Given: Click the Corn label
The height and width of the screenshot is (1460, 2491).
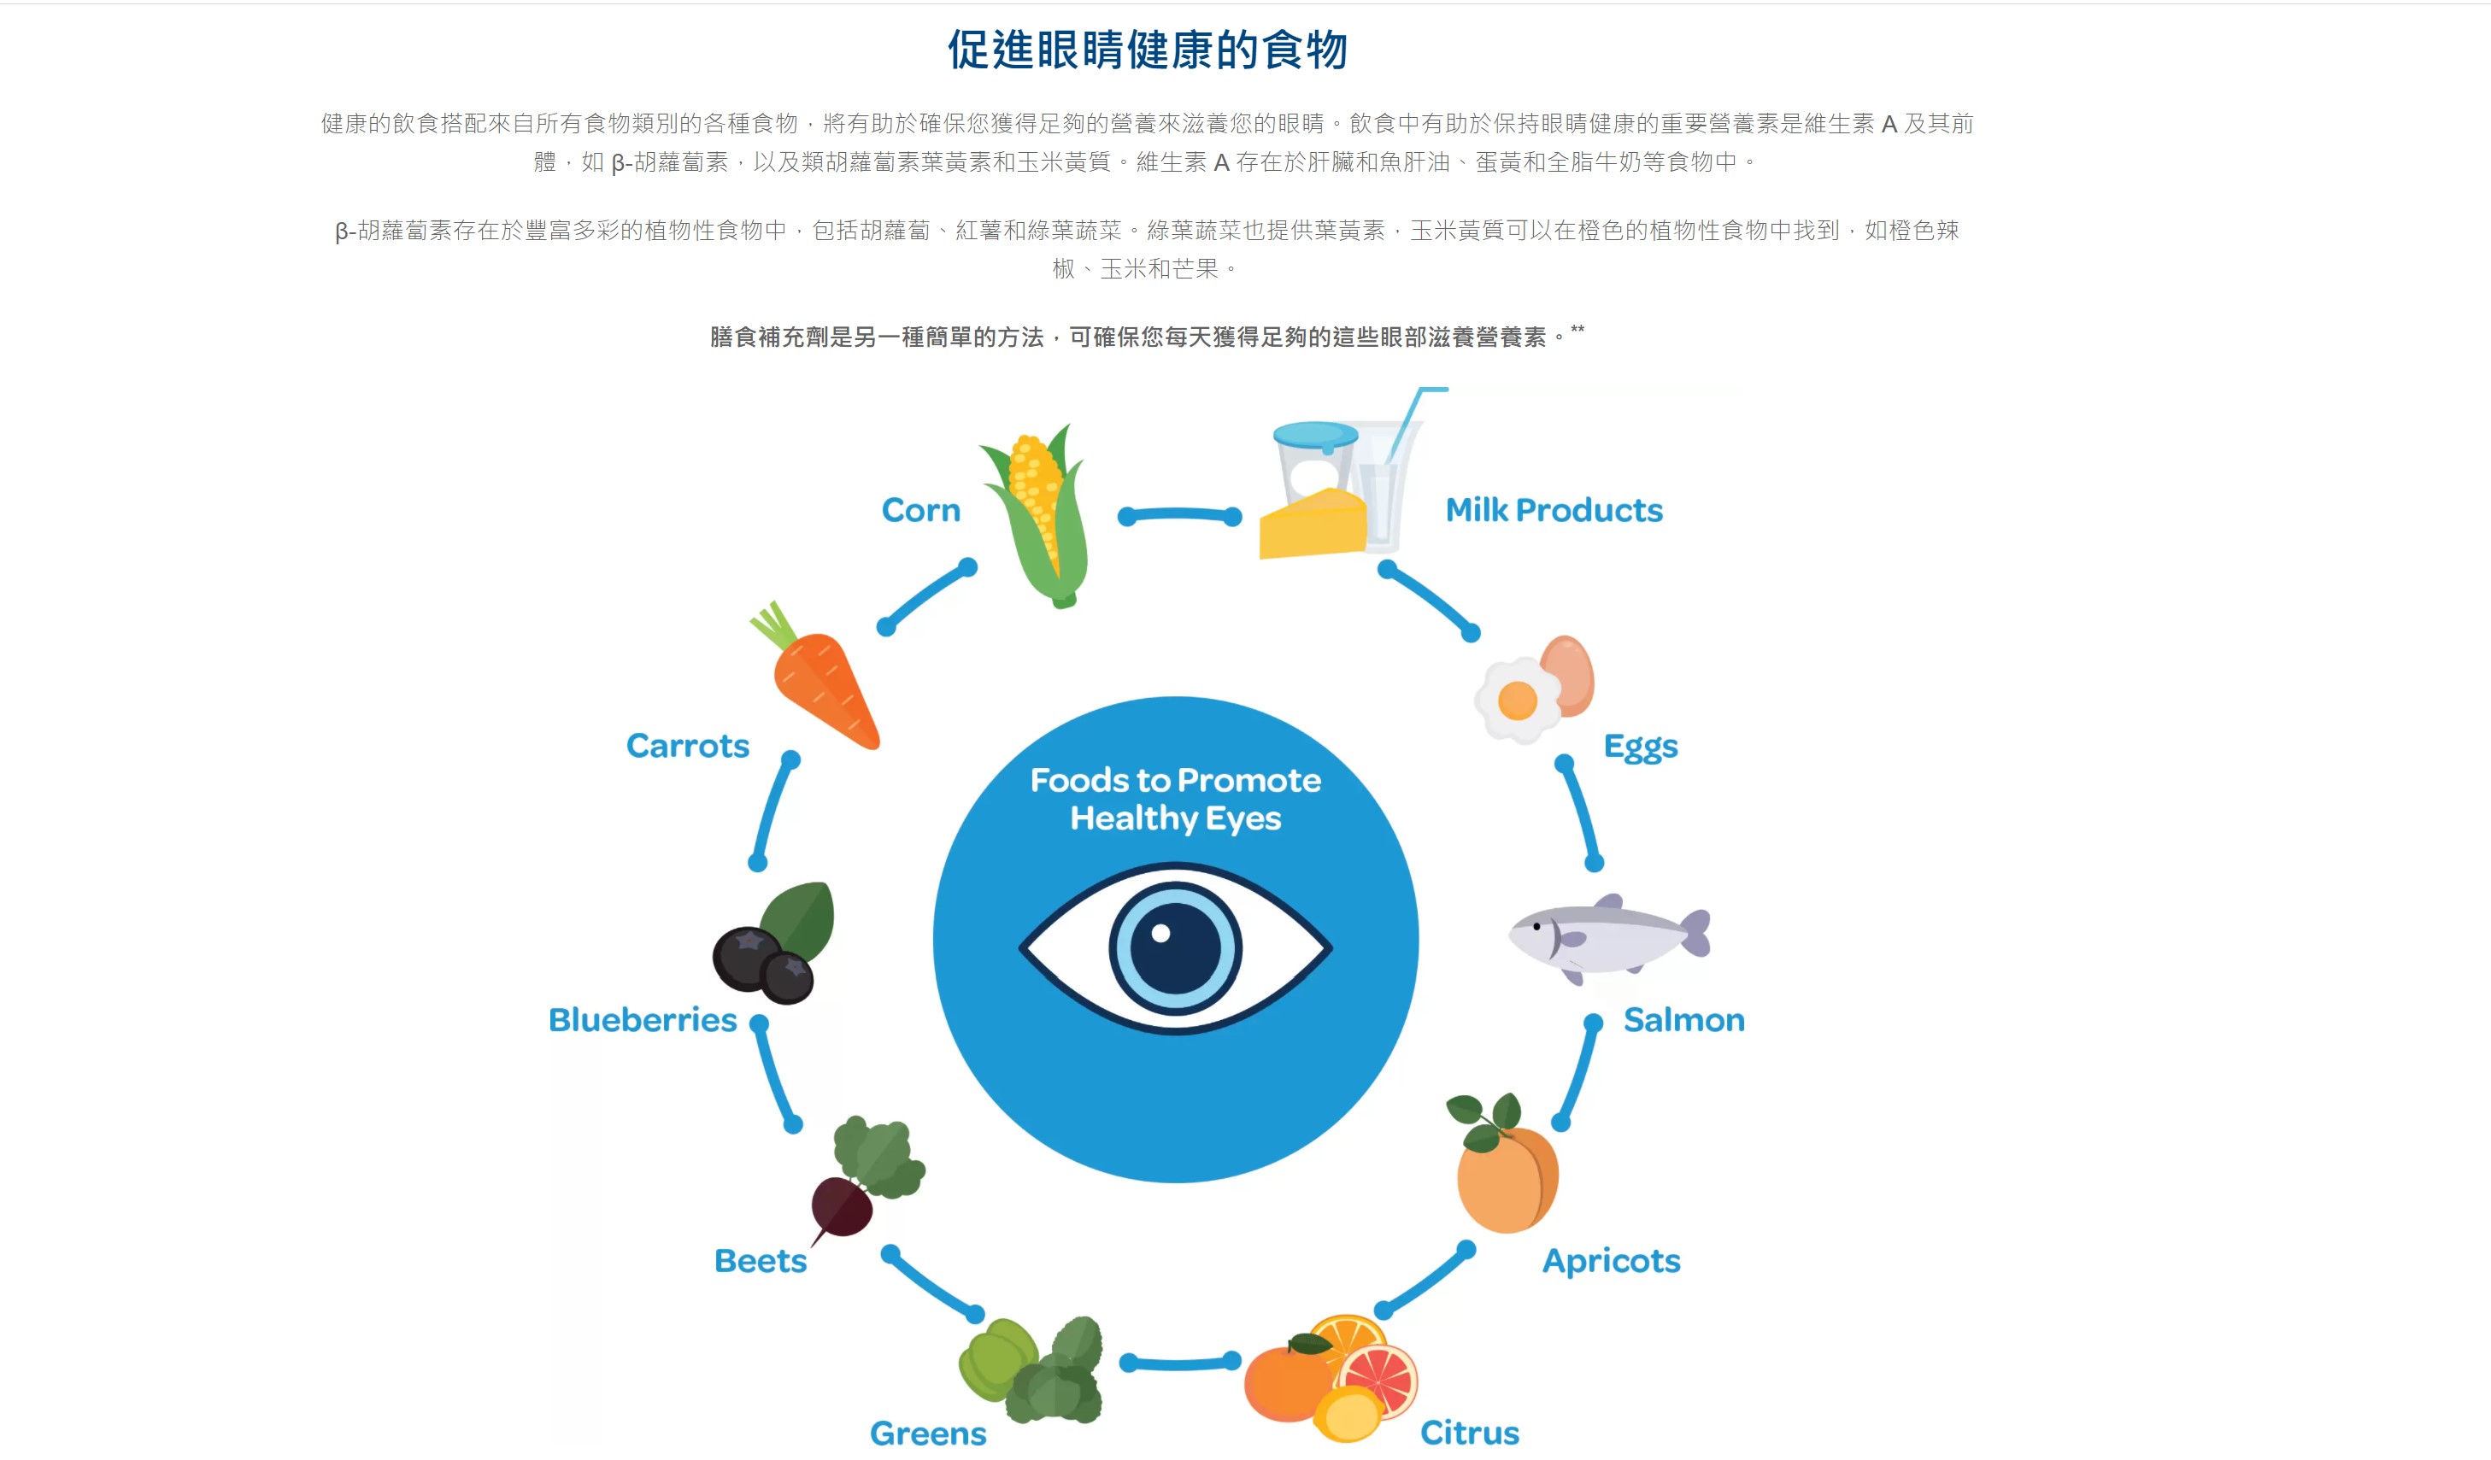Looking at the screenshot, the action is coord(920,510).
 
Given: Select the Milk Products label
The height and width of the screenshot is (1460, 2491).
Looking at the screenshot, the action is coord(1554,510).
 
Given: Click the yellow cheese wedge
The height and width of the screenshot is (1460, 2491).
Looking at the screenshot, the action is coord(1313,524).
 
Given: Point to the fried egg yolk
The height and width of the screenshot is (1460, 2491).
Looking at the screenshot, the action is coord(1518,701).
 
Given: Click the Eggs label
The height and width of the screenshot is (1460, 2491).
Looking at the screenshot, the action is coord(1641,748).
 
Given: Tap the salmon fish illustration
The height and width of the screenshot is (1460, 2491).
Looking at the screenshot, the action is coord(1609,938).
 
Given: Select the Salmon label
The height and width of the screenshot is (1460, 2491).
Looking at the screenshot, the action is coord(1684,1020).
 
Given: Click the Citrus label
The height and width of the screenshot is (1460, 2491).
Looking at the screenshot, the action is coord(1470,1433).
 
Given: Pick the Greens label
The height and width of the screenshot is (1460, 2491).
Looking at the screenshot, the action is coord(928,1434).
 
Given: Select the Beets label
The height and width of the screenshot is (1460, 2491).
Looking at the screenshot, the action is coord(761,1261).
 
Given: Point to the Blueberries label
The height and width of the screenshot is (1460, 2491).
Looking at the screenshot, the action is coord(643,1020).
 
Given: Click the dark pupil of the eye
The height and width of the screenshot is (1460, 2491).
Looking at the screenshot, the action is coord(1174,947).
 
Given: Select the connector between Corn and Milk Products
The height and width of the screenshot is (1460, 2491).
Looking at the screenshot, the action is coord(1179,515).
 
